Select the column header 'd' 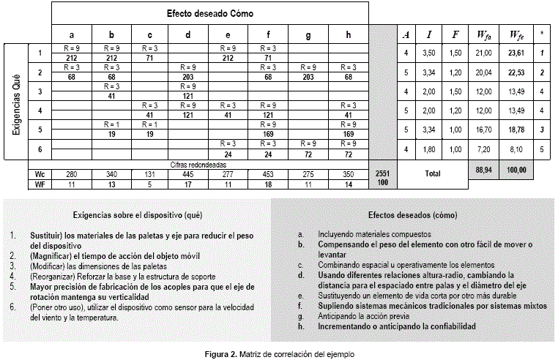(188, 35)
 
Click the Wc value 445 (188, 175)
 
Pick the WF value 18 (267, 184)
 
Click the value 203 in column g (308, 77)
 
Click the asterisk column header (542, 35)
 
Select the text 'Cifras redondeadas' (210, 165)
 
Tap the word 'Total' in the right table (433, 175)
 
